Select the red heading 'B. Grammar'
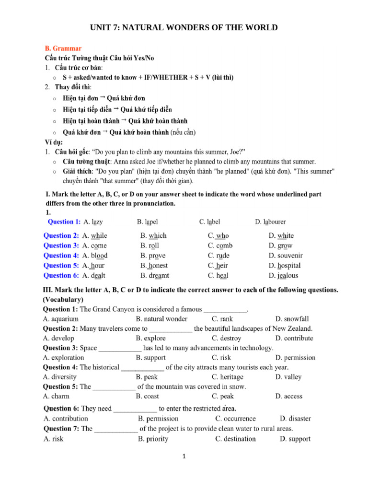[x=63, y=48]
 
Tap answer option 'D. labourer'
[x=270, y=222]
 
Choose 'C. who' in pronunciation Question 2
[x=218, y=235]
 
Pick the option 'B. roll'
[x=149, y=245]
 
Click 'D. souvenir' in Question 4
[x=286, y=256]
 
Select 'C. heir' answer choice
[x=218, y=265]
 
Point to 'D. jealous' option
[x=283, y=275]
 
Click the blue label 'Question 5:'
[x=61, y=265]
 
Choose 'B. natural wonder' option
[x=161, y=318]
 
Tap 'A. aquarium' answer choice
[x=61, y=318]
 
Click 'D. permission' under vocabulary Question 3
[x=295, y=357]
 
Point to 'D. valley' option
[x=288, y=377]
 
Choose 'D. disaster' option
[x=295, y=419]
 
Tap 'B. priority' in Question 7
[x=153, y=438]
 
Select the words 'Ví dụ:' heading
[x=54, y=142]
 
